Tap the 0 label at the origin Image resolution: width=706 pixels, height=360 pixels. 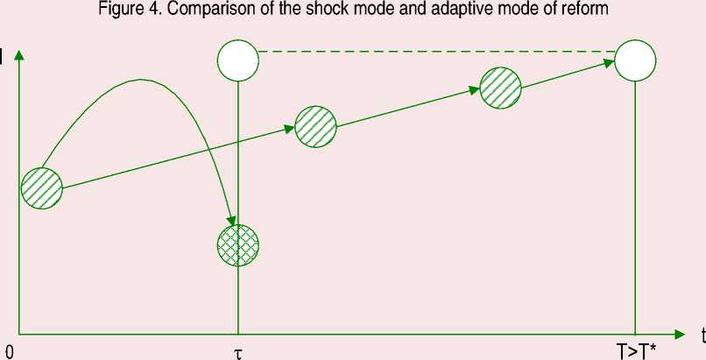[8, 352]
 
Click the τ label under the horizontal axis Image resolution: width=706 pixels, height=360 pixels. [237, 352]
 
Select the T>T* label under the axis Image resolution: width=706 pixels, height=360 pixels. [636, 352]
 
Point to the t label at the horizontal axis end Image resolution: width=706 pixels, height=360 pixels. [702, 335]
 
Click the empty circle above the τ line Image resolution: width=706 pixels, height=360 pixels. [238, 60]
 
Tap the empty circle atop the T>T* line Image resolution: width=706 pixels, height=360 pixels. [636, 60]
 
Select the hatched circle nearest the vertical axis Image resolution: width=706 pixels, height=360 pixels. [41, 187]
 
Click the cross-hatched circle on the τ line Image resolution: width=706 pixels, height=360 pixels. [238, 245]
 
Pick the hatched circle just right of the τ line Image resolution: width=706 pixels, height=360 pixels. [315, 126]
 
